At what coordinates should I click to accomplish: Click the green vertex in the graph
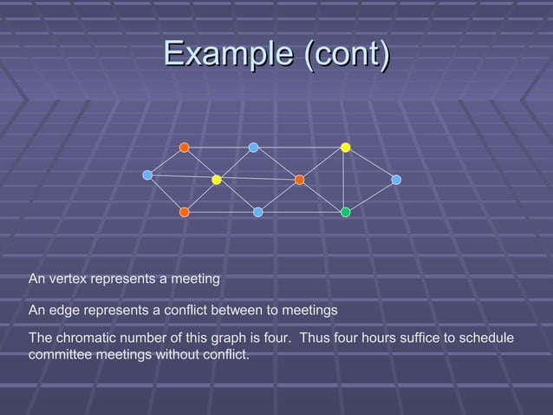[x=345, y=212]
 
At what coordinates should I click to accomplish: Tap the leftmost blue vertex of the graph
[x=147, y=175]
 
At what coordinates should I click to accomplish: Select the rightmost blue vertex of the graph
[x=396, y=180]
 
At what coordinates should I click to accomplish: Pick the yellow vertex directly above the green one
[x=345, y=148]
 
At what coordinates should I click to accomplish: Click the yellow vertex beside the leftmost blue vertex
[x=217, y=180]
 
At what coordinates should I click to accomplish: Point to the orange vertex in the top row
[x=185, y=148]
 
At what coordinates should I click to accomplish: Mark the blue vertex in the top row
[x=253, y=148]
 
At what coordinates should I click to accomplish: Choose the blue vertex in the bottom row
[x=257, y=212]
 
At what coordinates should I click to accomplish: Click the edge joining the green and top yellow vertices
[x=345, y=180]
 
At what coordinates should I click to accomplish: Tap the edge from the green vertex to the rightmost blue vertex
[x=371, y=195]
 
